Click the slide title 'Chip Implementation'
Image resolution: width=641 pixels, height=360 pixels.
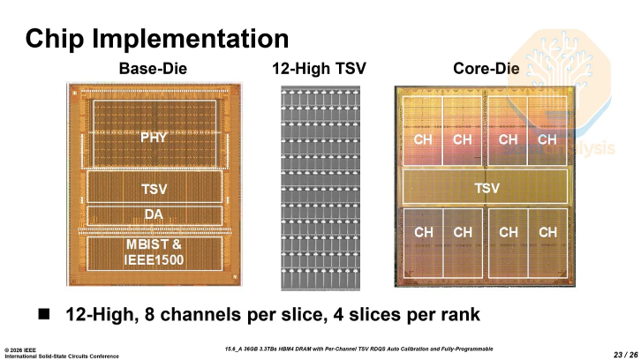pyautogui.click(x=157, y=39)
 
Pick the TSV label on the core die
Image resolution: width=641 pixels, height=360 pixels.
pyautogui.click(x=486, y=189)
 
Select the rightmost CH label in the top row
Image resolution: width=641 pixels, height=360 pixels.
pyautogui.click(x=547, y=139)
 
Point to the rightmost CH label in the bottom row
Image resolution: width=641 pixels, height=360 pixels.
pyautogui.click(x=547, y=232)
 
